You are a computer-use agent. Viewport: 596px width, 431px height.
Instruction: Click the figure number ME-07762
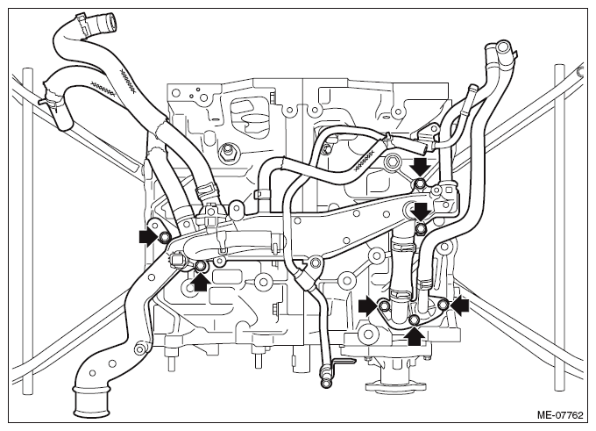click(x=559, y=414)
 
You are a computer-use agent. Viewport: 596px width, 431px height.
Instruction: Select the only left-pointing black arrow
click(x=459, y=305)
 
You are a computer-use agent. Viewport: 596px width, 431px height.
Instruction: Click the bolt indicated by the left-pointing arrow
click(x=443, y=305)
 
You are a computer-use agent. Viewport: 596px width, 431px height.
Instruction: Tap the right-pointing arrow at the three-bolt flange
click(x=368, y=305)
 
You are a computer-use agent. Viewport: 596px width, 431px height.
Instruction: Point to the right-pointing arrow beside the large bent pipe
click(x=149, y=238)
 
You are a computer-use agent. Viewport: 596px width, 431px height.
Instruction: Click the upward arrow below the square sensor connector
click(x=202, y=282)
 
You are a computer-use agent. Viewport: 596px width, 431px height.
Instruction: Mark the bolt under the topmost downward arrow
click(x=420, y=183)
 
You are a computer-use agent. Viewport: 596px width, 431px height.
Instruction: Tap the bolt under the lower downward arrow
click(x=421, y=228)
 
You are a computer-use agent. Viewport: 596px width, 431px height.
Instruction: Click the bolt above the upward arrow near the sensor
click(x=201, y=267)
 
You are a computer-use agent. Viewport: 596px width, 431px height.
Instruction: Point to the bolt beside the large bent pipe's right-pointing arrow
click(x=164, y=238)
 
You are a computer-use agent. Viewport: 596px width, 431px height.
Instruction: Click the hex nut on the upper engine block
click(x=227, y=154)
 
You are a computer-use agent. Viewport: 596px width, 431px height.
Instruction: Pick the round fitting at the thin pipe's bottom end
click(x=325, y=384)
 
